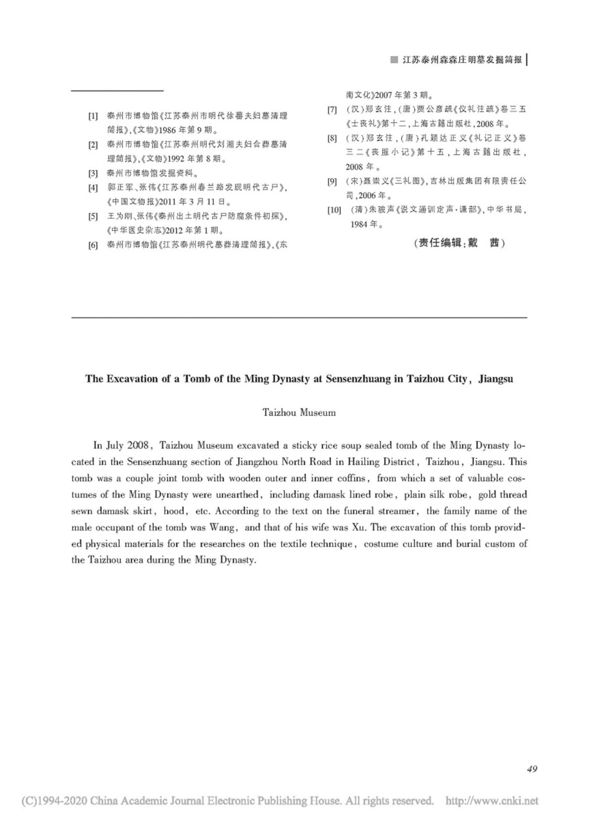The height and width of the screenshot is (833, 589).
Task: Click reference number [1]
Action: [93, 116]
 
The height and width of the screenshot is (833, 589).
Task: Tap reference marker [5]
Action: [93, 216]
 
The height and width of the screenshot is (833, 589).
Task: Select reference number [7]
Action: [332, 109]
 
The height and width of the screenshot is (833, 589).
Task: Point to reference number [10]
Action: [334, 210]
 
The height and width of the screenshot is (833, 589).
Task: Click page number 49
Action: [532, 769]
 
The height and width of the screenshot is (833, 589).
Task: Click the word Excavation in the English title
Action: [130, 379]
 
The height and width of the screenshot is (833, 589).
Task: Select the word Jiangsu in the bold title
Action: [495, 379]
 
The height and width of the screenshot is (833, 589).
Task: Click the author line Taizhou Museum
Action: [299, 412]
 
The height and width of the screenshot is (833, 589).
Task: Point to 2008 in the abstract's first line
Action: [138, 445]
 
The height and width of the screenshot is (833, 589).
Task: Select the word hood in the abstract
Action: [174, 511]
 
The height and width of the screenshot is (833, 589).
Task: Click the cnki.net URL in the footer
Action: [491, 800]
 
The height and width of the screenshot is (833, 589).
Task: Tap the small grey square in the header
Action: [394, 60]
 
